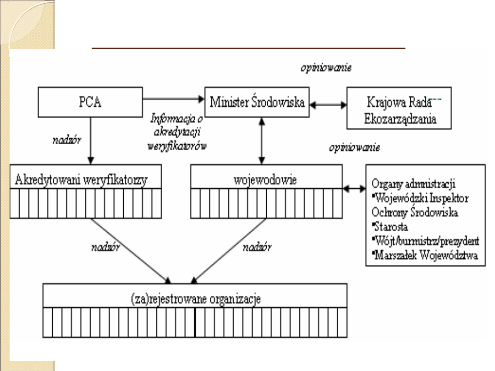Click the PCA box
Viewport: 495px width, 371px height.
click(x=91, y=102)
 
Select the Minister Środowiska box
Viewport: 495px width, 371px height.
click(x=257, y=102)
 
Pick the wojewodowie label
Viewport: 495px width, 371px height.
click(x=266, y=180)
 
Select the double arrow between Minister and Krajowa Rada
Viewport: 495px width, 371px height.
click(x=329, y=104)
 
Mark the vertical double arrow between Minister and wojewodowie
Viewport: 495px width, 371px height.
click(x=261, y=141)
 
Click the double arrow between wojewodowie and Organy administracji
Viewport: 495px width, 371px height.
click(x=354, y=188)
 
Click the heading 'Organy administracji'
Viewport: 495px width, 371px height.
click(x=413, y=185)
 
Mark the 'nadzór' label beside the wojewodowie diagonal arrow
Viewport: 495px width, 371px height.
click(x=256, y=248)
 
